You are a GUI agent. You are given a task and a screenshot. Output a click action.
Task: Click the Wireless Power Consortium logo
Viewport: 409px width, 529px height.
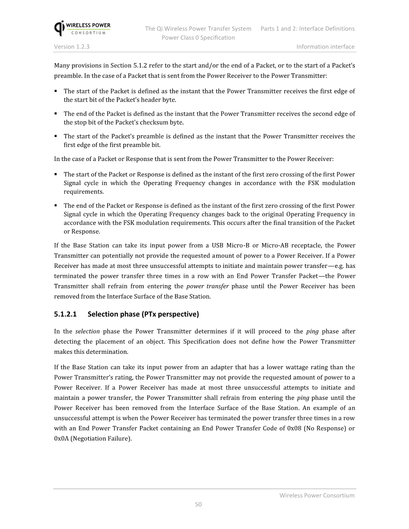pyautogui.click(x=82, y=28)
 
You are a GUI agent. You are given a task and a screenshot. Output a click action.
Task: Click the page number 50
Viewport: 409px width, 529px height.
pyautogui.click(x=198, y=504)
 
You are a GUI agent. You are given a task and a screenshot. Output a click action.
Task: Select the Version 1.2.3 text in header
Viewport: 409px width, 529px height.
pyautogui.click(x=72, y=46)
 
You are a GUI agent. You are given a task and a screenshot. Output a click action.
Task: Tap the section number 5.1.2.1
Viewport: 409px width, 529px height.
pyautogui.click(x=65, y=314)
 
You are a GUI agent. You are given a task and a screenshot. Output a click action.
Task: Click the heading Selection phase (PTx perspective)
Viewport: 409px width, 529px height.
pyautogui.click(x=143, y=314)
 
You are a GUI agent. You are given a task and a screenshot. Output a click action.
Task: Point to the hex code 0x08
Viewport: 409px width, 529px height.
pyautogui.click(x=294, y=428)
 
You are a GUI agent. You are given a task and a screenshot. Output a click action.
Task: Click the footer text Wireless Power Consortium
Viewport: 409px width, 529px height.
pyautogui.click(x=317, y=495)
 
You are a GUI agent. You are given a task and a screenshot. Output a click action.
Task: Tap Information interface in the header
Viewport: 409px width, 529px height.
pyautogui.click(x=325, y=46)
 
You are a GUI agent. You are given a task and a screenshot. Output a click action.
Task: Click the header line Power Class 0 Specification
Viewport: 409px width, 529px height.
pyautogui.click(x=198, y=37)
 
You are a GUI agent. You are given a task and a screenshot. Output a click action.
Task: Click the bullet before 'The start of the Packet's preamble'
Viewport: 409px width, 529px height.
pyautogui.click(x=56, y=136)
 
